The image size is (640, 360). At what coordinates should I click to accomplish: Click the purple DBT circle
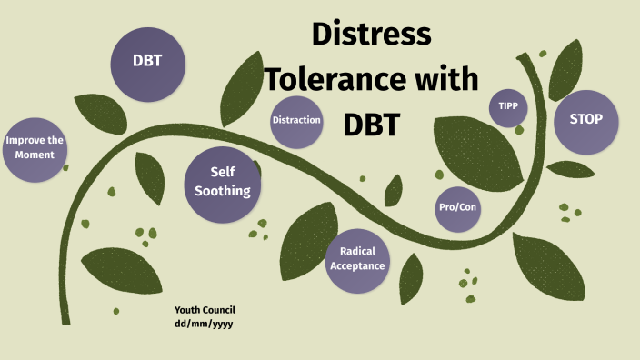pyautogui.click(x=147, y=62)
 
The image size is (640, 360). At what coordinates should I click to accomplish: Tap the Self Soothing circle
pyautogui.click(x=223, y=182)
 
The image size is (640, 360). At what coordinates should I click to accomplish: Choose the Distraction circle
pyautogui.click(x=296, y=120)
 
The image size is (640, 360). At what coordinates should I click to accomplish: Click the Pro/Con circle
pyautogui.click(x=457, y=207)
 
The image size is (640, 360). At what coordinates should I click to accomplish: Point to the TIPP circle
pyautogui.click(x=507, y=107)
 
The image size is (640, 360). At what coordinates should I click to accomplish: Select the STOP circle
pyautogui.click(x=585, y=119)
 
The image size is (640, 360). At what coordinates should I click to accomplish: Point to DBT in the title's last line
pyautogui.click(x=371, y=123)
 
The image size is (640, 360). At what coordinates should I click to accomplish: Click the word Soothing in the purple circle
pyautogui.click(x=223, y=191)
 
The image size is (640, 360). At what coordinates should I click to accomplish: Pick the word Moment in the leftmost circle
pyautogui.click(x=35, y=155)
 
